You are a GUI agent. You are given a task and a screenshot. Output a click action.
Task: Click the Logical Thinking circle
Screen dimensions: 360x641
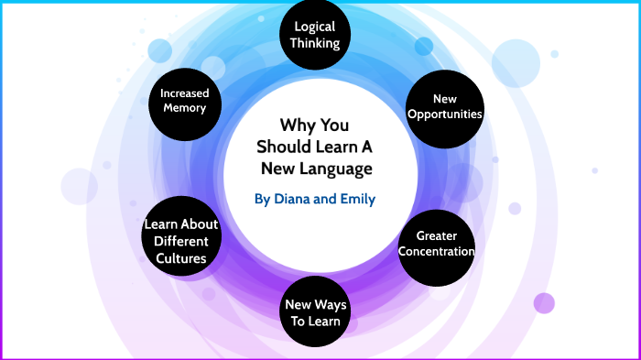tap(315, 35)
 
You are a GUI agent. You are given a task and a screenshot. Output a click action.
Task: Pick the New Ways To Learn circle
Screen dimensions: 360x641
tap(314, 312)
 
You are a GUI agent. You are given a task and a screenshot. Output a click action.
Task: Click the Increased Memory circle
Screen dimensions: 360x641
tap(184, 100)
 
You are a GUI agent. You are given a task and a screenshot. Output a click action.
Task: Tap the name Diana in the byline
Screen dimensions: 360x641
tap(294, 197)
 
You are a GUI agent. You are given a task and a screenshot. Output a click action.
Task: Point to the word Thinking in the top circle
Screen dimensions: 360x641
tap(315, 43)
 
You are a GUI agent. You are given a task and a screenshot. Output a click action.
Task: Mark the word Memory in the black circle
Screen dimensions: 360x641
tap(184, 108)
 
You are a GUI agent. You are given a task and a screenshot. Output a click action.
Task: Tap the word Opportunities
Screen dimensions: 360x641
tap(443, 114)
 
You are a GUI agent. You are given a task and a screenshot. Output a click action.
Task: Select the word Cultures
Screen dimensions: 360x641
tap(181, 257)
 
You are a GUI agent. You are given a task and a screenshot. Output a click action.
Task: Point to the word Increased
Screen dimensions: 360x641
tap(184, 93)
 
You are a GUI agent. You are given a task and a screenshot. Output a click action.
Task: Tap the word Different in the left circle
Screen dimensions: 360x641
tap(181, 241)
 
